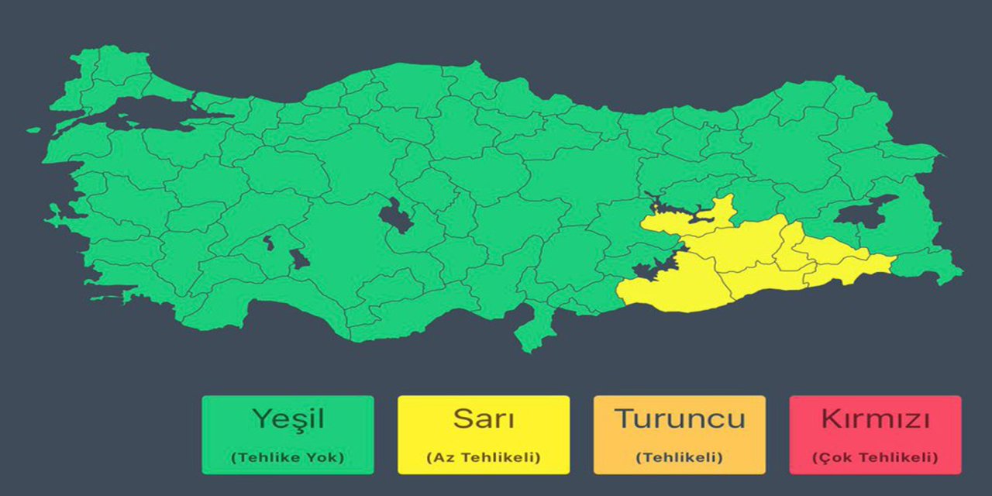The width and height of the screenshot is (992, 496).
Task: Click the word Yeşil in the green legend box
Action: coord(288,419)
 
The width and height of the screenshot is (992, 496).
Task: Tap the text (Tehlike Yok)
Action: coord(288,457)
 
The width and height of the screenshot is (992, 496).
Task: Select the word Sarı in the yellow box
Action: coord(484,419)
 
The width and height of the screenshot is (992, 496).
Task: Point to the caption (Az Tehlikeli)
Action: coord(484,457)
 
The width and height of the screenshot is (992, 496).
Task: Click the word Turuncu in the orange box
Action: coord(680,419)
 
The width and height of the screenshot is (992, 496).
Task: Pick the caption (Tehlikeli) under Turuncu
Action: coord(680,457)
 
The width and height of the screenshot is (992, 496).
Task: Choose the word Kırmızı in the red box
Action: coord(875,419)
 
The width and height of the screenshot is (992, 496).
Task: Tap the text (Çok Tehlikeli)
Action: coord(875,457)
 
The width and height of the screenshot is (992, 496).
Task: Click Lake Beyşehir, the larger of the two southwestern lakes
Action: coord(298,259)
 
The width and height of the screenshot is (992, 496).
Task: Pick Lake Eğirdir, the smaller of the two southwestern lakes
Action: coord(268,242)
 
